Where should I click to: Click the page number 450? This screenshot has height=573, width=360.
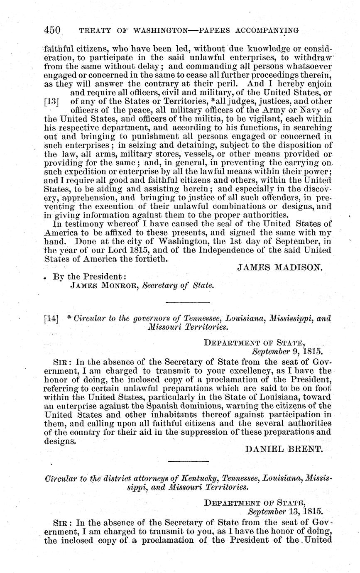click(53, 30)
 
